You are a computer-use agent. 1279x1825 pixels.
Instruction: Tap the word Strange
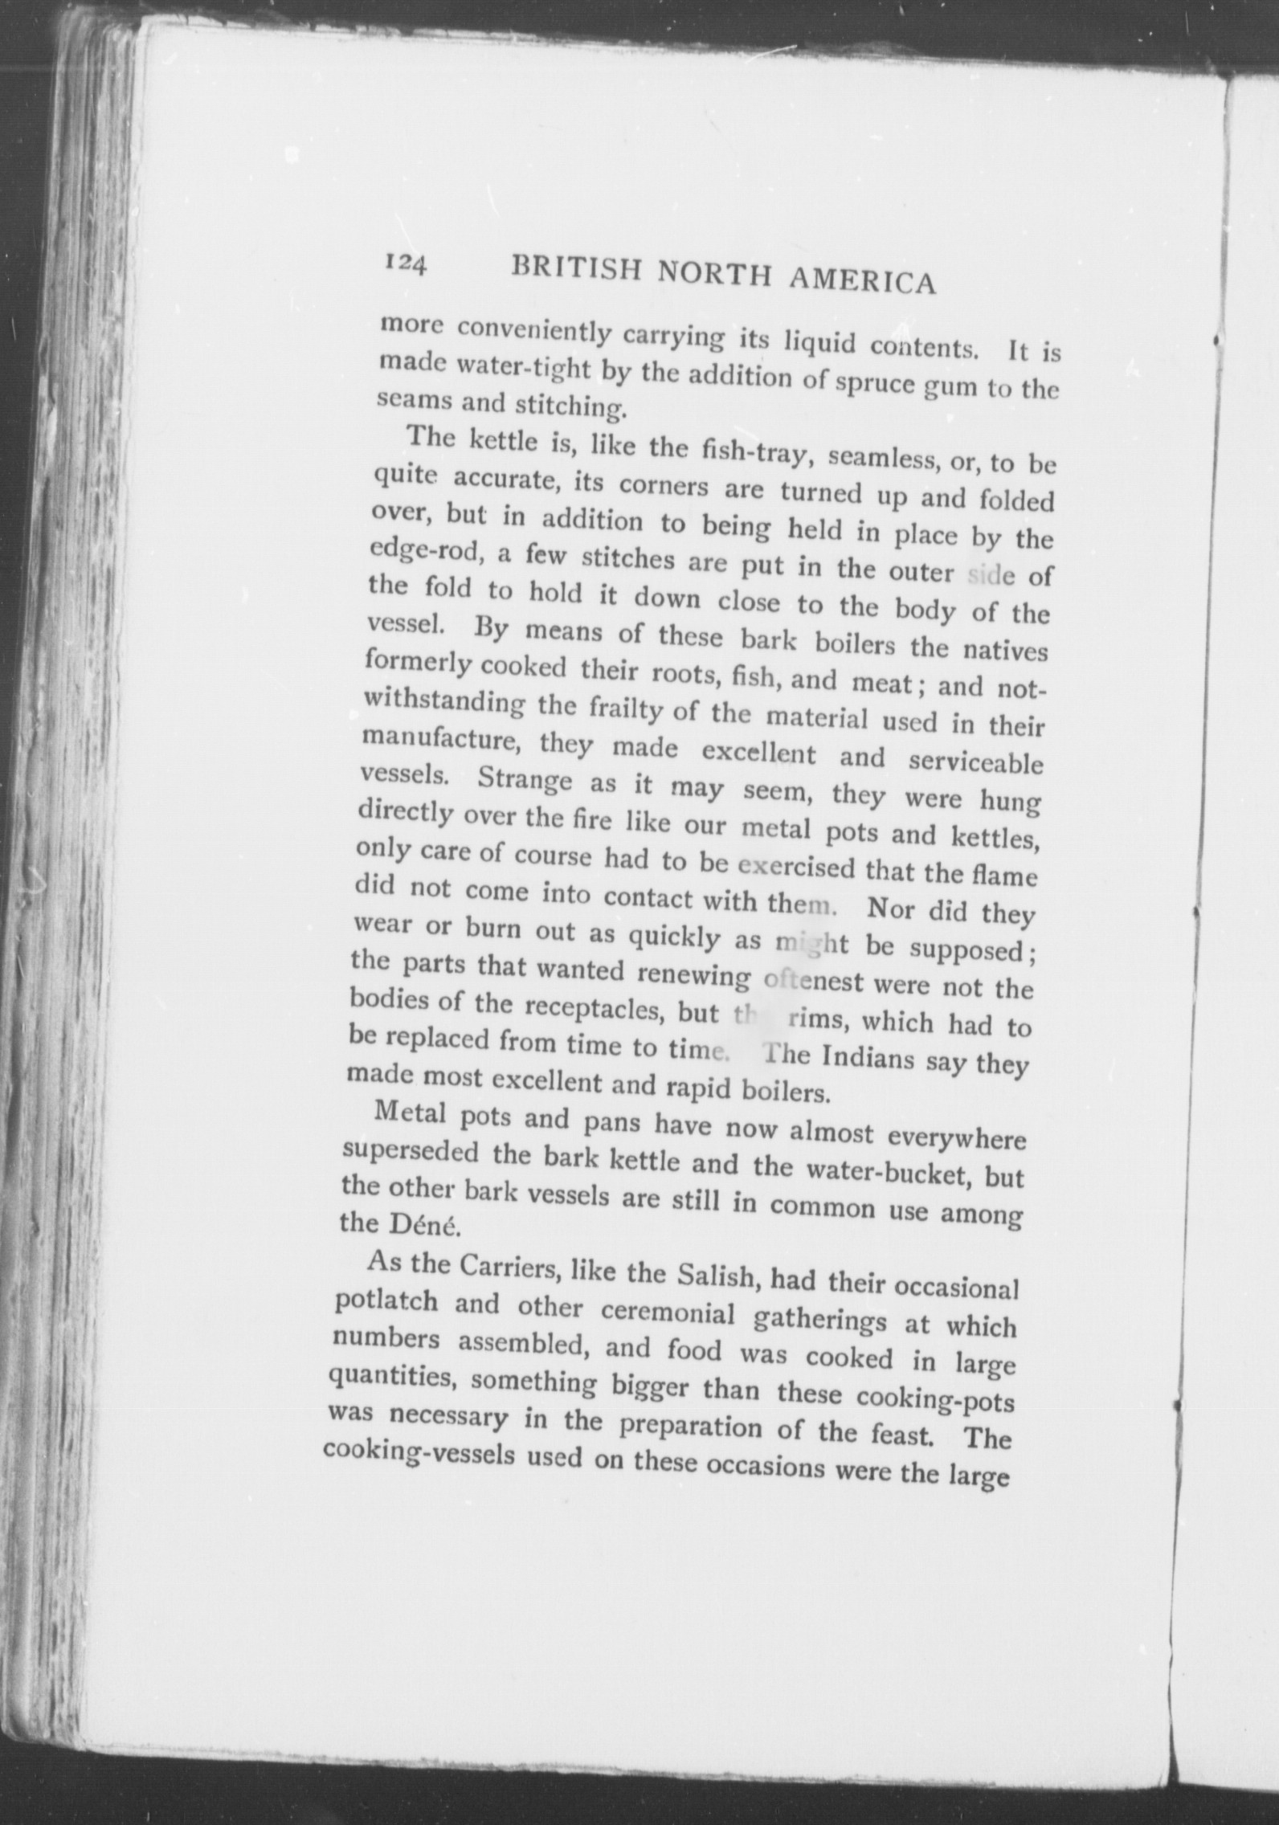click(x=526, y=780)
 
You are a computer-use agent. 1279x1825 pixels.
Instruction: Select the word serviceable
click(x=976, y=762)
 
